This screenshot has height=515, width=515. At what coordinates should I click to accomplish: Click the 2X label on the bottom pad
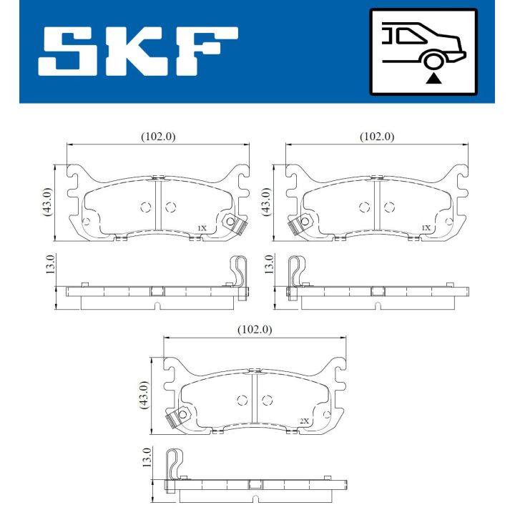(304, 421)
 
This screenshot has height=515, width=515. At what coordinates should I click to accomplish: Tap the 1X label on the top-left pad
(202, 228)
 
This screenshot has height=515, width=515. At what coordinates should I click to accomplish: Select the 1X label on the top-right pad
(426, 228)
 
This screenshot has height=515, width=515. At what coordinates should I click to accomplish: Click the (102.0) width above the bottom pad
(255, 330)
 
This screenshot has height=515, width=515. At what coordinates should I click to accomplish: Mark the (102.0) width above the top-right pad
(377, 136)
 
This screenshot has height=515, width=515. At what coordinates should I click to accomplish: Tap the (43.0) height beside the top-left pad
(47, 203)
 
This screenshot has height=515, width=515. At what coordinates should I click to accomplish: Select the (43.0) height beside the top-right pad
(267, 203)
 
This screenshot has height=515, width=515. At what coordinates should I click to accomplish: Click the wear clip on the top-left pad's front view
(233, 224)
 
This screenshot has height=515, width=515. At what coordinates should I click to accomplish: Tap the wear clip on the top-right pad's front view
(297, 224)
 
